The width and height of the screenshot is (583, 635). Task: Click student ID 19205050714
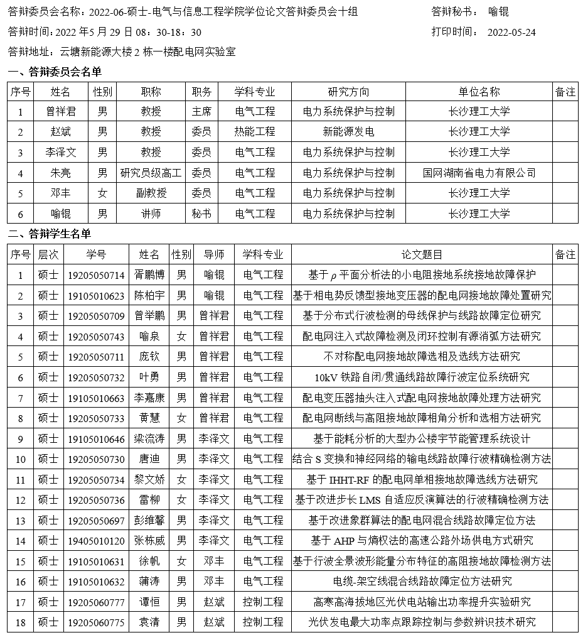96,275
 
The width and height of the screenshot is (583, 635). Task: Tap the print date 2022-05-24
511,33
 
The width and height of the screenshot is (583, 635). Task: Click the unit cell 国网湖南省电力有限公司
479,173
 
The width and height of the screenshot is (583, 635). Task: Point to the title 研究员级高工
151,173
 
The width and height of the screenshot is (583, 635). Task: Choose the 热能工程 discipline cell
255,132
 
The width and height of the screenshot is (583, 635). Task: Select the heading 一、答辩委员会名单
54,72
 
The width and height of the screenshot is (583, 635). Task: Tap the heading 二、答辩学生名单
49,234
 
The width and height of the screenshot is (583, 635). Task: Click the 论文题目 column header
422,254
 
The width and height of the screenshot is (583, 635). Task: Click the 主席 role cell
201,112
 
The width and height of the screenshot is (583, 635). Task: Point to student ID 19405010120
96,540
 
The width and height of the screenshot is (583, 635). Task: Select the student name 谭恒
149,602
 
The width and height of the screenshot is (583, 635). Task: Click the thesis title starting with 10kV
422,377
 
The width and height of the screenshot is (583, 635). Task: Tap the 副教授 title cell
151,193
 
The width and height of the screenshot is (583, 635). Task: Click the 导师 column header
214,254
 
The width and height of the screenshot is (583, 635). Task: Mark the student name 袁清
149,622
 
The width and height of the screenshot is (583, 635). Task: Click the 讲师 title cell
151,214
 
